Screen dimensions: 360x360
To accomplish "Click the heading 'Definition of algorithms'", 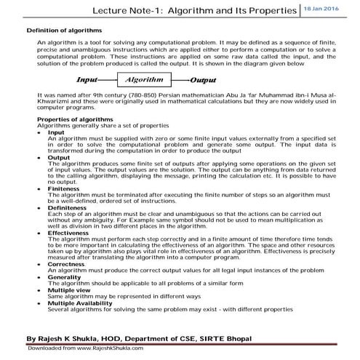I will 64,31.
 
